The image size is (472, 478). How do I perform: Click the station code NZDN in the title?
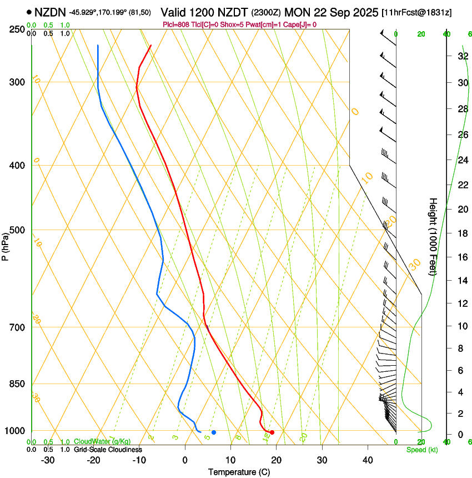click(x=49, y=12)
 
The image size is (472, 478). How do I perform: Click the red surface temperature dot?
click(x=272, y=432)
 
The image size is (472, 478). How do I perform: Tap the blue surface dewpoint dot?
click(x=214, y=432)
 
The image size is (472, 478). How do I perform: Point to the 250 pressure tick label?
click(x=17, y=29)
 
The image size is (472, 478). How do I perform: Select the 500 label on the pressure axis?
click(x=17, y=230)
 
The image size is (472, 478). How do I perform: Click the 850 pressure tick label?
click(x=17, y=384)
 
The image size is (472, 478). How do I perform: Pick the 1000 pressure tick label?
click(x=15, y=431)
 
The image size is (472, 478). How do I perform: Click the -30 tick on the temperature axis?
click(x=48, y=460)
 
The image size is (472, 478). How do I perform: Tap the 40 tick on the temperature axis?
click(x=368, y=460)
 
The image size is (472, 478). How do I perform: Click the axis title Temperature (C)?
click(x=239, y=472)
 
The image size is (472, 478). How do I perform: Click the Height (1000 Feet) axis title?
click(x=433, y=236)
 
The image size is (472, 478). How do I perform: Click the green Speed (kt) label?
click(x=422, y=450)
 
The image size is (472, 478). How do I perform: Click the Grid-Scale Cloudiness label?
click(x=108, y=450)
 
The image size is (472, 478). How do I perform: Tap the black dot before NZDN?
click(x=29, y=12)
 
